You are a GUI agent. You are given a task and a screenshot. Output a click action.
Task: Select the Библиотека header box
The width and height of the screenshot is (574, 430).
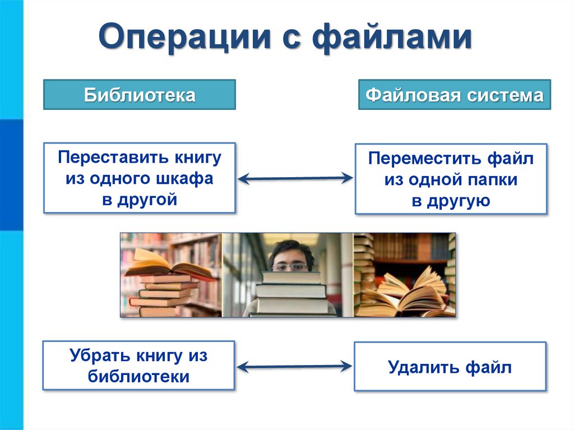(x=140, y=95)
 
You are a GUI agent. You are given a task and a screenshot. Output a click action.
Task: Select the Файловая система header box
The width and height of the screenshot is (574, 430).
(x=454, y=95)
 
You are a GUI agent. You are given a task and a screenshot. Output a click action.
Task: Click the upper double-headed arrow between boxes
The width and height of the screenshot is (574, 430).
(x=295, y=179)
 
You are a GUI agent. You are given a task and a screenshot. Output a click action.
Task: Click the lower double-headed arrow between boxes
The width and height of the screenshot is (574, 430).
(x=295, y=367)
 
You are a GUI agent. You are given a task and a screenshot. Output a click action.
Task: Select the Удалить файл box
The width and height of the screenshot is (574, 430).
(x=450, y=367)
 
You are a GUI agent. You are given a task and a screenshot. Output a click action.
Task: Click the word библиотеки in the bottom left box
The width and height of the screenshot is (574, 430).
(x=138, y=376)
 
